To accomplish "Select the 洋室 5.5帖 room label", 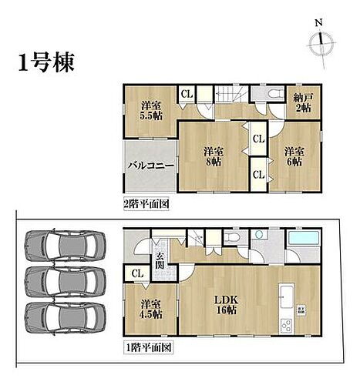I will pyautogui.click(x=150, y=110).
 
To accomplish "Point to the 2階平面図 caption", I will pyautogui.click(x=146, y=205).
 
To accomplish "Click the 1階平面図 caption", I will pyautogui.click(x=146, y=348).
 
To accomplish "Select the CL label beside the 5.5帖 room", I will pyautogui.click(x=187, y=94).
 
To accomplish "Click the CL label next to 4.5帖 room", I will pyautogui.click(x=136, y=273).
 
